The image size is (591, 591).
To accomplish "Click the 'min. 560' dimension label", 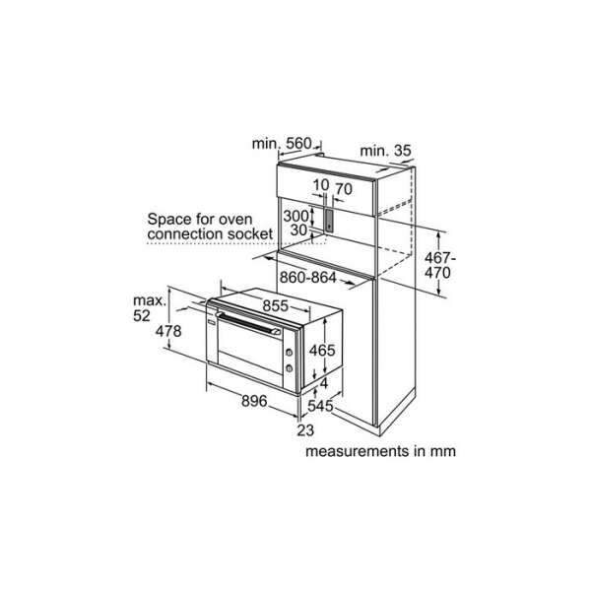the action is (282, 144).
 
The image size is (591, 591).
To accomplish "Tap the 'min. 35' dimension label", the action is (385, 151).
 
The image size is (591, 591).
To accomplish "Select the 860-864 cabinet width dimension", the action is (308, 278).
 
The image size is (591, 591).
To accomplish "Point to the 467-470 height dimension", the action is (439, 265).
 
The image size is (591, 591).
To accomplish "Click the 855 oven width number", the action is (276, 305).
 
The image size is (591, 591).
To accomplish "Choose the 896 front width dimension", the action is (254, 401).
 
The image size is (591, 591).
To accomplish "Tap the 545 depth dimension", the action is (320, 406).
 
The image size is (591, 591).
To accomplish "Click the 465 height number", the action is (322, 350).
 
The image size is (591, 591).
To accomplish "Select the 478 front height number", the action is (168, 331).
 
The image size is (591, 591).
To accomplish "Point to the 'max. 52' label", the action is (150, 308).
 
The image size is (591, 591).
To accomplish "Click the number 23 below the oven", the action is (305, 430).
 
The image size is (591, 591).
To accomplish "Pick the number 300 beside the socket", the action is (295, 217).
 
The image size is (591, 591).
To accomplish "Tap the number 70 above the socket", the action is (344, 189).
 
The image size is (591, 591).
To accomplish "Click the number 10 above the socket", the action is (321, 185).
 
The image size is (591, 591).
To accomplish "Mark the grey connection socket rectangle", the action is (329, 220).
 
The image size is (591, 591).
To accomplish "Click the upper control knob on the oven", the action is (289, 353).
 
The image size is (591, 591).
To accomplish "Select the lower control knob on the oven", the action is (290, 368).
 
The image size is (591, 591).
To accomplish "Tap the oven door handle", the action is (248, 323).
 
